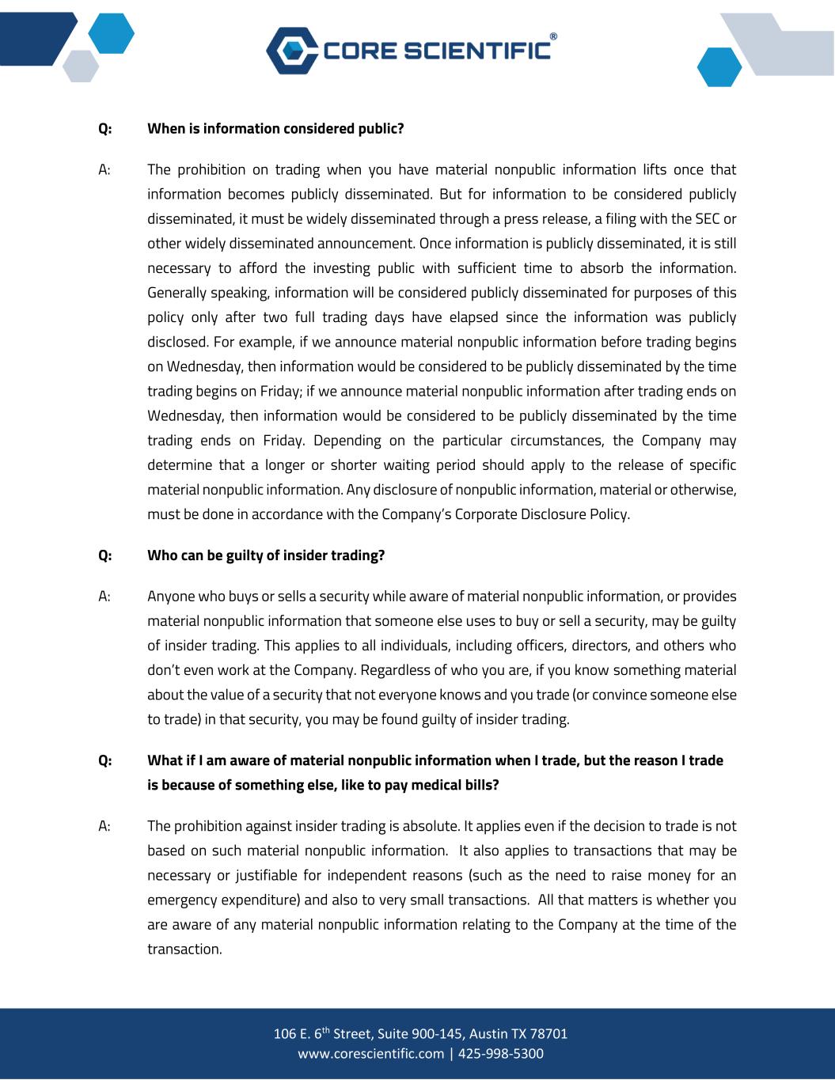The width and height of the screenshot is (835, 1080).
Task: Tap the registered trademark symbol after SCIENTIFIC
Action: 552,36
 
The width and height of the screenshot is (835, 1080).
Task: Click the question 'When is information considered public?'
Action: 275,128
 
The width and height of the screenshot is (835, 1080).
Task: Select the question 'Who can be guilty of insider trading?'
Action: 266,555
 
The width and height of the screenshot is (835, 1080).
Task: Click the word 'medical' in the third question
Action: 433,786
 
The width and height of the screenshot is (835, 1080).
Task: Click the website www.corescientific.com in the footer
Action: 370,1054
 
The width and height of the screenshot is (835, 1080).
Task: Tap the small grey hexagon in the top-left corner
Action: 81,65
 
